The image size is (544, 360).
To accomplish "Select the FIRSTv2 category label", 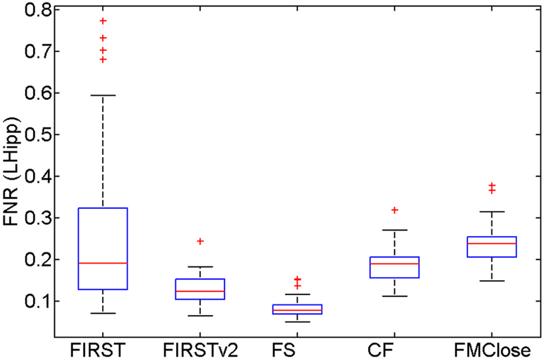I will point(201,351).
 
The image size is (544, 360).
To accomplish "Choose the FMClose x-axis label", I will point(492,351).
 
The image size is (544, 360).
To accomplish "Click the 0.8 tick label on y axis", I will point(26,10).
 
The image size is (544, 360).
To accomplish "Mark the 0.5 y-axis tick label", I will point(26,134).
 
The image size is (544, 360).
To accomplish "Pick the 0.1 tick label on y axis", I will point(26,301).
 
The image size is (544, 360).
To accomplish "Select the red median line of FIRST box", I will point(103,263).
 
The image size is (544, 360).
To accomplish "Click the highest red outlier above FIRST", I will point(103,21).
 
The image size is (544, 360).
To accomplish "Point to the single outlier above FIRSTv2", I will point(200,241).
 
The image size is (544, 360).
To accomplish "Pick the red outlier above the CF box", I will point(395,210).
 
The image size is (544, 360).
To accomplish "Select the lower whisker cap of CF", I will point(395,296).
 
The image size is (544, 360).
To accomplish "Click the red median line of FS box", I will point(298,310).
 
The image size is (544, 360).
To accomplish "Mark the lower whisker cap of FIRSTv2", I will point(200,315).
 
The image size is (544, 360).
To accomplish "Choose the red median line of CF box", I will point(395,264).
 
